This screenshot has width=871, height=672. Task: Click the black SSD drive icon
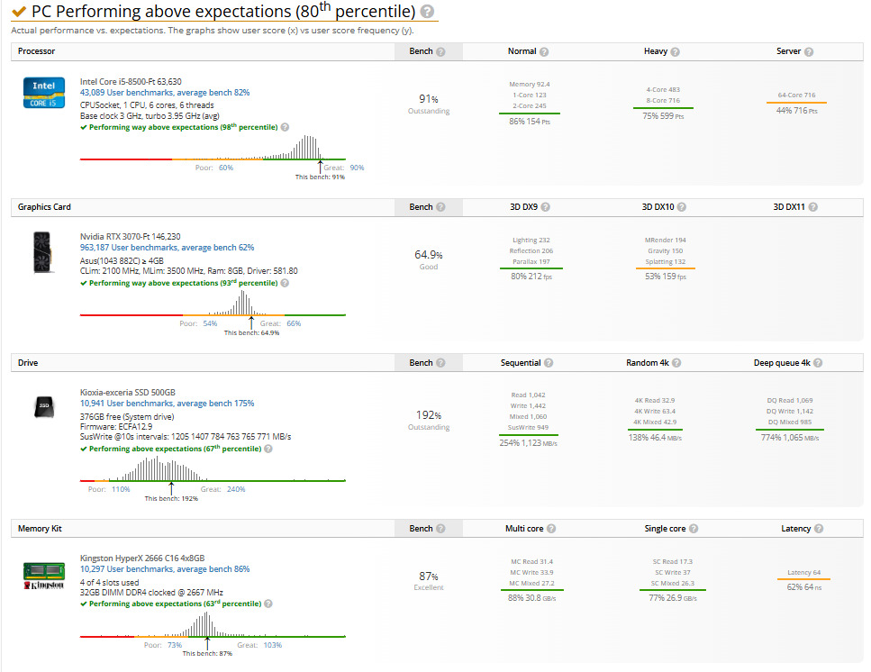click(x=43, y=406)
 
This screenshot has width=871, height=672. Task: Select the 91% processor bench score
click(x=428, y=99)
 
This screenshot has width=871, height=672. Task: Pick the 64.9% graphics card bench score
click(x=428, y=255)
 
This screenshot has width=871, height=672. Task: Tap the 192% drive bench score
click(x=428, y=415)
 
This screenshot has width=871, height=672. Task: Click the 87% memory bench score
click(x=428, y=576)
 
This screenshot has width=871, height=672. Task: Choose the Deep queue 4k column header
click(x=782, y=363)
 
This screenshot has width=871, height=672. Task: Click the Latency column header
click(x=795, y=529)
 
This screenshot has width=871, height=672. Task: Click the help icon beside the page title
click(x=427, y=12)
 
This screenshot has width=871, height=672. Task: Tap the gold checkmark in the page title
click(x=18, y=12)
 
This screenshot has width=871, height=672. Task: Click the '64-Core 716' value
click(x=796, y=95)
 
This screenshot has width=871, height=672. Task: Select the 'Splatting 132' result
click(x=665, y=262)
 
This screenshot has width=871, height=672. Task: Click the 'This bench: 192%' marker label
click(x=171, y=498)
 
